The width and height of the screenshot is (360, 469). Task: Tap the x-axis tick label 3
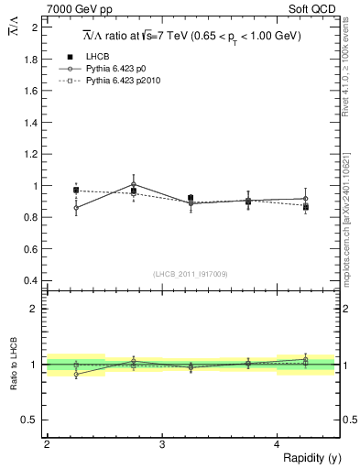pos(162,443)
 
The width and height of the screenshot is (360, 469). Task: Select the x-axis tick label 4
pos(278,443)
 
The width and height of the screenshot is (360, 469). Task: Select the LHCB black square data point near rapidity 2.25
pos(76,191)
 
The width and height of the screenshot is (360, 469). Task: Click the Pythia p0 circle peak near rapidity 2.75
pos(134,184)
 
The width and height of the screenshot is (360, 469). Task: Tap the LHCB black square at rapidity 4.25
pos(306,207)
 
